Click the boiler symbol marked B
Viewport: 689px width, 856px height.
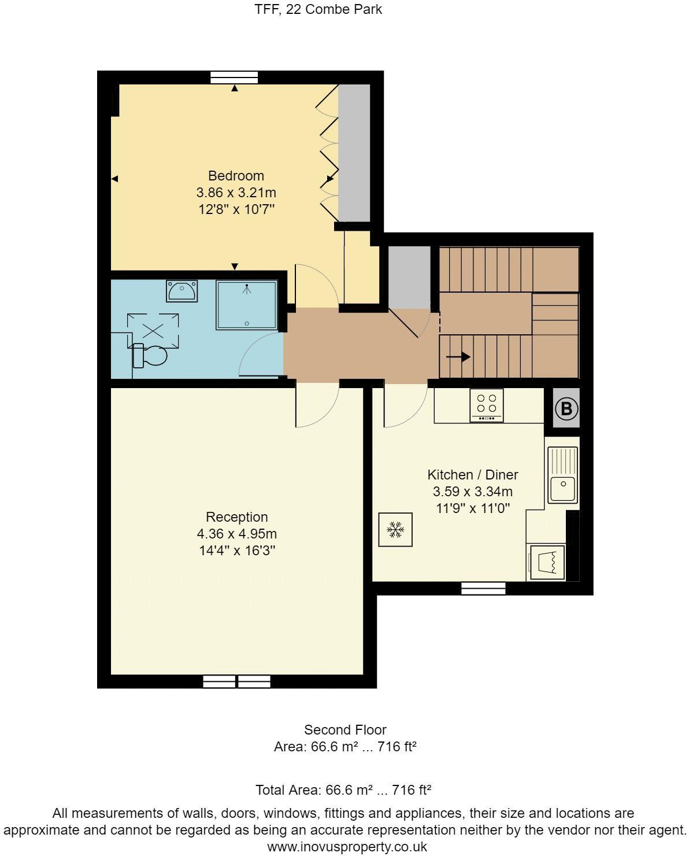click(x=566, y=409)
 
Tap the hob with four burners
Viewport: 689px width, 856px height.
click(x=486, y=404)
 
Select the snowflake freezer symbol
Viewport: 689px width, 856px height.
click(x=395, y=529)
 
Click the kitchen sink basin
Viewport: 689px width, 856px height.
click(x=562, y=489)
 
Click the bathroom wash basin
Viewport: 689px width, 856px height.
click(x=181, y=290)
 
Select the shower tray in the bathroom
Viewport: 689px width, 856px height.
click(x=247, y=305)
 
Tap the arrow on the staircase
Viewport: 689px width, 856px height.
click(x=458, y=357)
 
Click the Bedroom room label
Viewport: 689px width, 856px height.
click(x=236, y=176)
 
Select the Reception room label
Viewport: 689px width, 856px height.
click(x=237, y=517)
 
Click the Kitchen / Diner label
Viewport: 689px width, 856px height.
click(x=472, y=475)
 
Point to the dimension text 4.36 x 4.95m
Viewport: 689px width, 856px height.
click(x=237, y=534)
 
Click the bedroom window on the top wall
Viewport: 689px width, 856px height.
click(x=234, y=78)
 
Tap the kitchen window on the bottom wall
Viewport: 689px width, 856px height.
click(x=483, y=588)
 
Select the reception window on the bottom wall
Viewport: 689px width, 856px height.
click(x=237, y=681)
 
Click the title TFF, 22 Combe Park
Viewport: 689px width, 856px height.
click(x=318, y=10)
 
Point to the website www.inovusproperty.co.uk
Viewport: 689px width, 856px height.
click(x=347, y=847)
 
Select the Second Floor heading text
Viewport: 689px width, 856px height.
click(x=345, y=730)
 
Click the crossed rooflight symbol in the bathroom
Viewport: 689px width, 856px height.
click(x=153, y=331)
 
